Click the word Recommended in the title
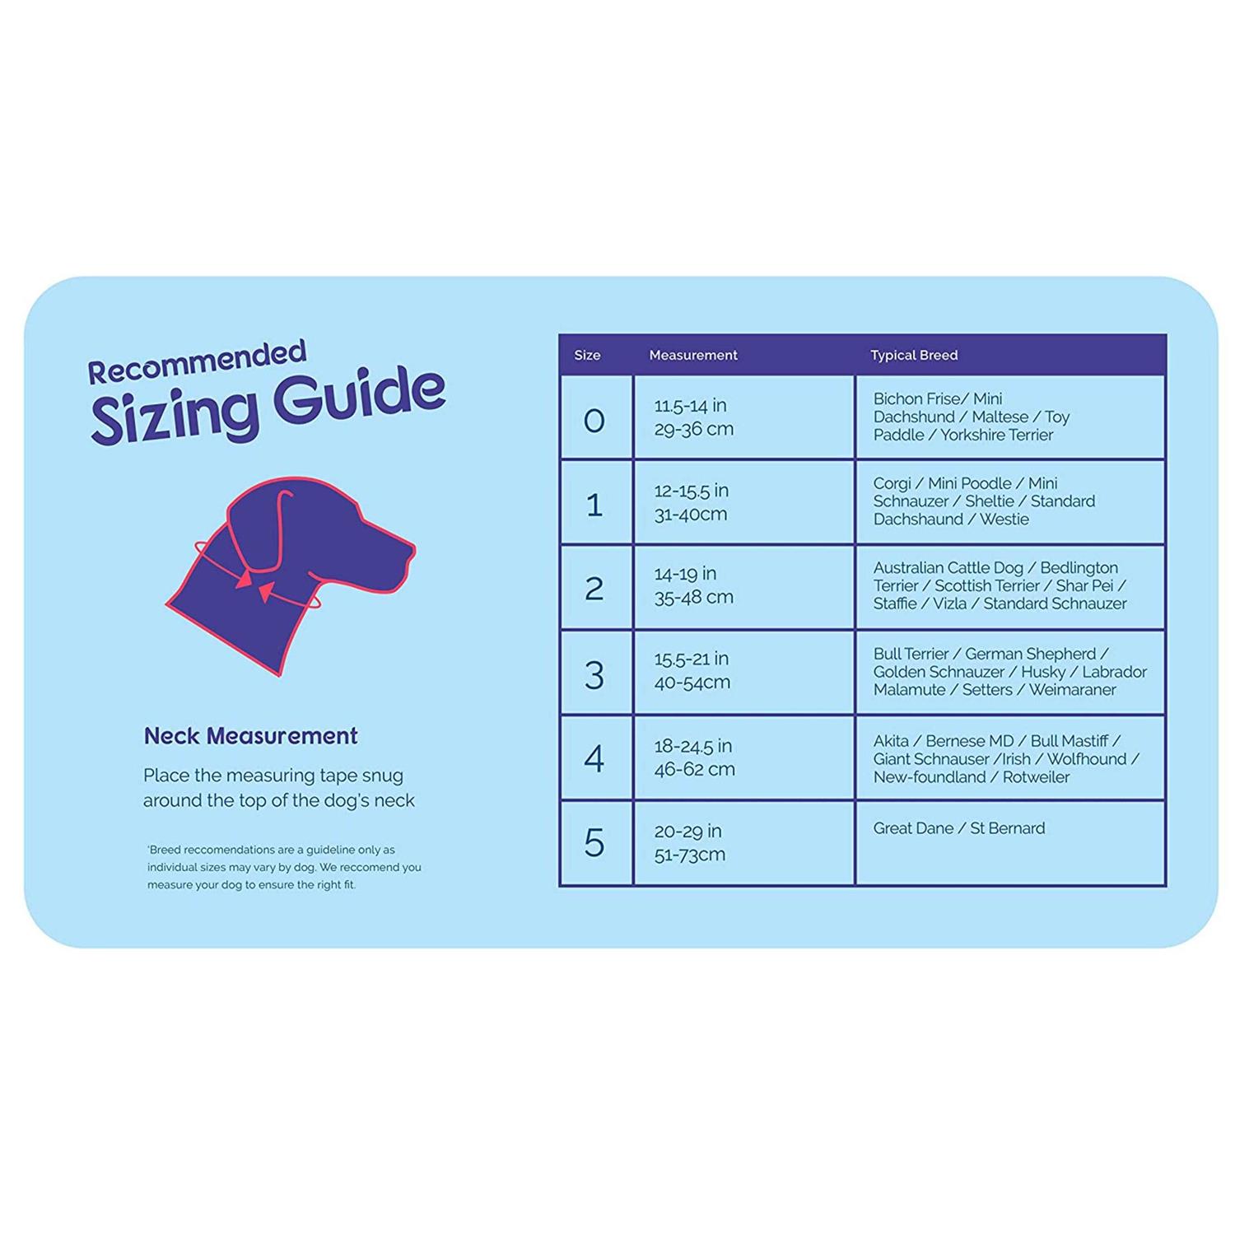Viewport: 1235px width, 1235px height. (x=197, y=362)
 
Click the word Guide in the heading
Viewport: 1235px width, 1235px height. (x=359, y=397)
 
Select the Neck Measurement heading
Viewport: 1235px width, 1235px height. (x=251, y=735)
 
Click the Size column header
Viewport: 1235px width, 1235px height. (x=587, y=355)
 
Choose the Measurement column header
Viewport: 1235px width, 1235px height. (x=693, y=355)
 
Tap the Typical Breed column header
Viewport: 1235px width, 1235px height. (x=914, y=355)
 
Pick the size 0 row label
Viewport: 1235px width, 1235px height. (x=594, y=421)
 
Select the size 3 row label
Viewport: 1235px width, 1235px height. (x=594, y=675)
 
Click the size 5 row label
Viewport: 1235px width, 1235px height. (x=594, y=843)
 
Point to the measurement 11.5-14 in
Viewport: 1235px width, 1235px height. (x=690, y=405)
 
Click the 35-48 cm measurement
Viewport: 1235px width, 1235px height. (x=693, y=597)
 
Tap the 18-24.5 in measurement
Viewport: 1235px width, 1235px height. (x=692, y=746)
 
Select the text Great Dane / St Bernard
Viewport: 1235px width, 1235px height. (x=959, y=828)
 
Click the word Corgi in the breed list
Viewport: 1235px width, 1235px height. (x=892, y=483)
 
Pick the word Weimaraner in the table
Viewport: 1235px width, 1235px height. (x=1072, y=690)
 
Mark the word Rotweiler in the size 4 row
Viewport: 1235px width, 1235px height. (x=1036, y=777)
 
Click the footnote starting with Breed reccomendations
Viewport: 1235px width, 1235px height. (x=284, y=867)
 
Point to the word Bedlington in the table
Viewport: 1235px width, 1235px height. (x=1079, y=568)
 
